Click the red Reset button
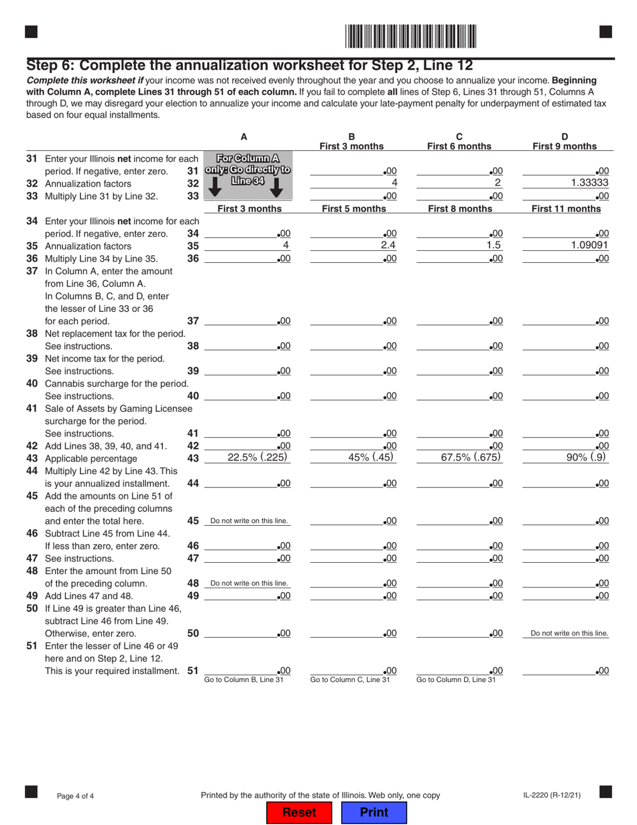coord(299,812)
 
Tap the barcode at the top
coord(411,36)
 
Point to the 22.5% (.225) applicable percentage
coord(247,457)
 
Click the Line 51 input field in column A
coord(247,670)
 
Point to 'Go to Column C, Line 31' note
coord(350,680)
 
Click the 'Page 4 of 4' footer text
coord(75,796)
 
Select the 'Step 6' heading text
coord(250,65)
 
